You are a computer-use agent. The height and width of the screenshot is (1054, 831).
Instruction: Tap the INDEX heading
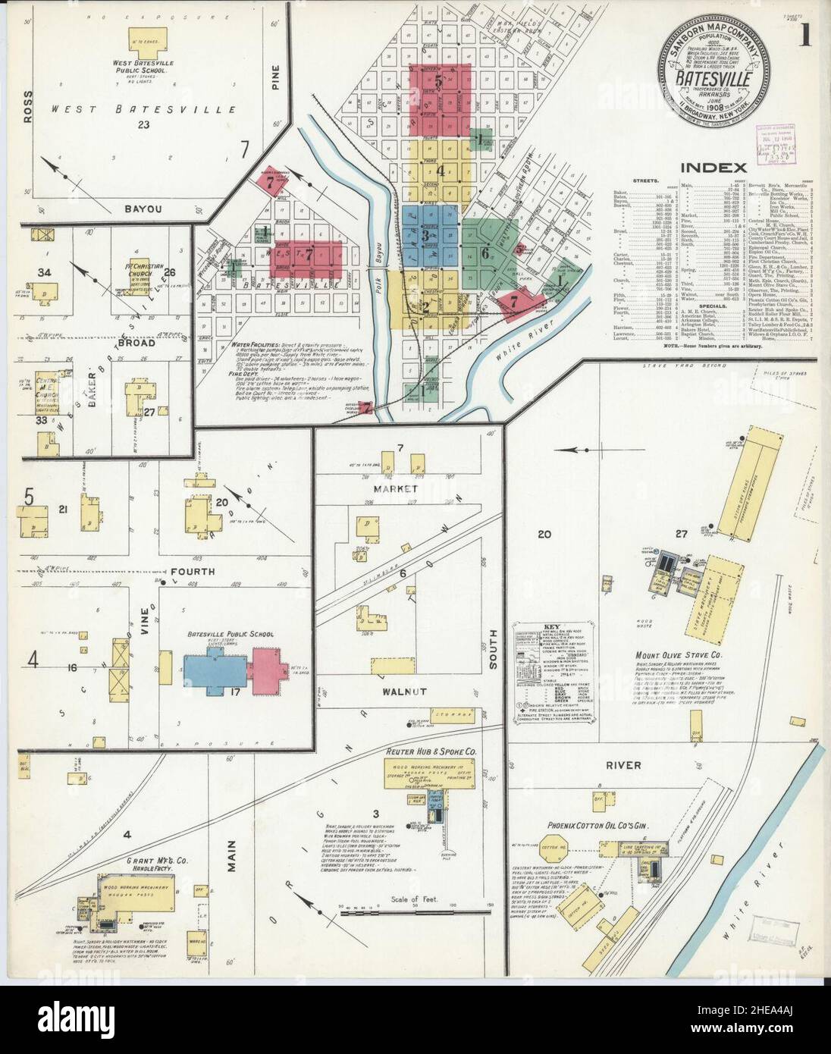(x=713, y=168)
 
